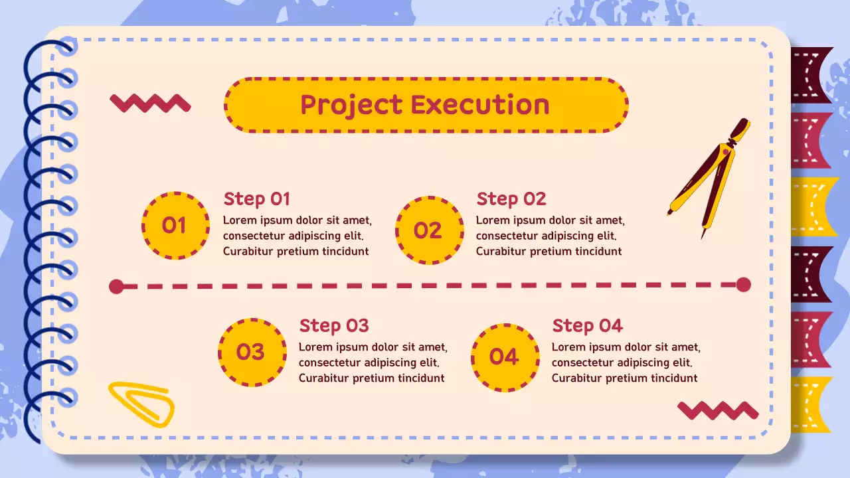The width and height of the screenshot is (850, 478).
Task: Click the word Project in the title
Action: (x=351, y=105)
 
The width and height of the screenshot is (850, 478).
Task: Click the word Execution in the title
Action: (x=480, y=105)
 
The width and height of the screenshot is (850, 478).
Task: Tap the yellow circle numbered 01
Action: (x=175, y=226)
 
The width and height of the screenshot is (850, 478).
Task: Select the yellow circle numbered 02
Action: (x=428, y=230)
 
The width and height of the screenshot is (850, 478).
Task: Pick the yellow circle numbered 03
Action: (x=251, y=352)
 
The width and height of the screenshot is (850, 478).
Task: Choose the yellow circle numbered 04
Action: (x=504, y=357)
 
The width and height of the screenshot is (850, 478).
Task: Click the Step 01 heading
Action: (x=256, y=199)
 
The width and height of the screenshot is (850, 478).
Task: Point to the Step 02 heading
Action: (x=511, y=199)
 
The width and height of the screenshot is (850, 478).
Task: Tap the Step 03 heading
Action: (x=333, y=326)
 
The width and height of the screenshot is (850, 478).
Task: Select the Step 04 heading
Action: (x=587, y=326)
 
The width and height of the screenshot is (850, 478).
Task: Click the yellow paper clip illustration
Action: (x=141, y=402)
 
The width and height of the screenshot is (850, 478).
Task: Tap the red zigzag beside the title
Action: (x=150, y=103)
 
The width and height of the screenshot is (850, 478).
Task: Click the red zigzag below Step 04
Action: (x=718, y=410)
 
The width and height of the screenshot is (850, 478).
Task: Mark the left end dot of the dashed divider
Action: (x=116, y=287)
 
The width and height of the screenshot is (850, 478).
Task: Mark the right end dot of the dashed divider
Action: (x=744, y=285)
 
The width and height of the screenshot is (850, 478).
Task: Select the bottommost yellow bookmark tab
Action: (x=811, y=404)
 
